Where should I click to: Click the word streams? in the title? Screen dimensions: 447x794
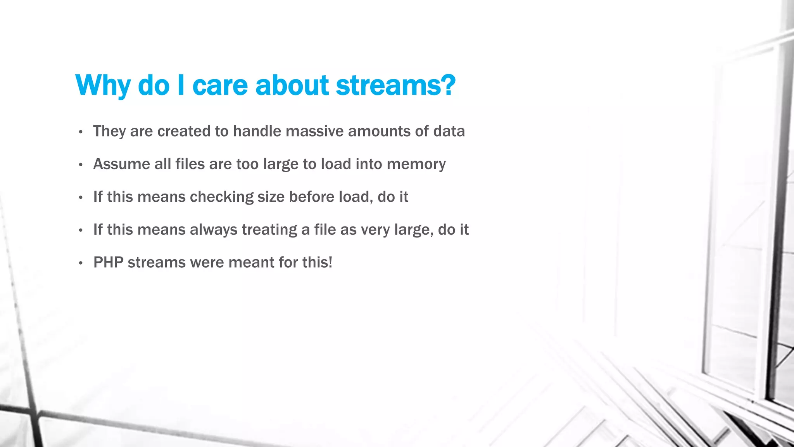tap(395, 85)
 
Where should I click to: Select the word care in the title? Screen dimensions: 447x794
tap(220, 85)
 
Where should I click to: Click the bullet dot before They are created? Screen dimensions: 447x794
tap(80, 132)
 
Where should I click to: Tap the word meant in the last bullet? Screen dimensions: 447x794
tap(251, 263)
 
